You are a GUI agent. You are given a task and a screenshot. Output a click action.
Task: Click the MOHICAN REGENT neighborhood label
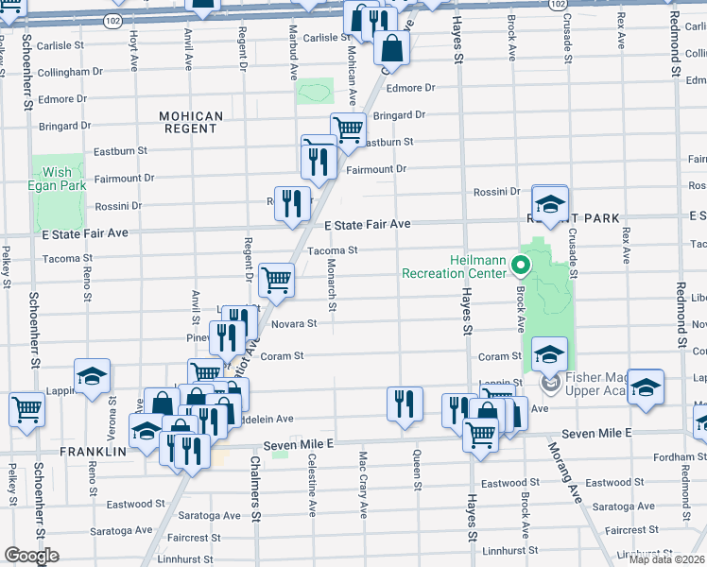pyautogui.click(x=191, y=123)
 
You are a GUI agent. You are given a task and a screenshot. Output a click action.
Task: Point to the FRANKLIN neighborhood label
pyautogui.click(x=94, y=453)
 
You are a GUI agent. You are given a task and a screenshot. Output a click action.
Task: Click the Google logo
pyautogui.click(x=31, y=556)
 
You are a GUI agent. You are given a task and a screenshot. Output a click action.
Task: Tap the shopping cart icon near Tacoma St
pyautogui.click(x=276, y=279)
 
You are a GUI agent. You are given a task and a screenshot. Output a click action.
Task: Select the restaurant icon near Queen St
pyautogui.click(x=405, y=404)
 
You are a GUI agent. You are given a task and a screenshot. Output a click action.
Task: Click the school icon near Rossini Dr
pyautogui.click(x=549, y=203)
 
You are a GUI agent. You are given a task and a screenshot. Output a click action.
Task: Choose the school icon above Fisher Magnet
pyautogui.click(x=549, y=354)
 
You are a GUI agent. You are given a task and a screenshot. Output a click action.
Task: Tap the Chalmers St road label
pyautogui.click(x=255, y=488)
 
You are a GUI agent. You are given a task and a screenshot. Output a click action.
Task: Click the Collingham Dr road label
pyautogui.click(x=71, y=72)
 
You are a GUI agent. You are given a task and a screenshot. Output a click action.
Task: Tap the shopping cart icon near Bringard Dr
pyautogui.click(x=348, y=129)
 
